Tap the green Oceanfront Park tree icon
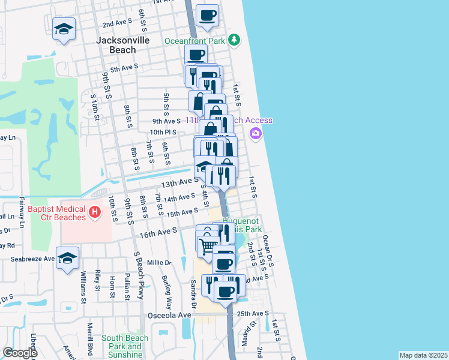pos(235,41)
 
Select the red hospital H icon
pos(94,212)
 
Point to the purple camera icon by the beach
pos(256,133)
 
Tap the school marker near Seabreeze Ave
pos(68,257)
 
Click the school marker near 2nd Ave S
pos(63,29)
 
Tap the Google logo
pos(19,353)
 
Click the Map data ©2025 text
pos(423,355)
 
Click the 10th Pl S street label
pos(163,132)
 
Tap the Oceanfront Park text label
pos(194,41)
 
